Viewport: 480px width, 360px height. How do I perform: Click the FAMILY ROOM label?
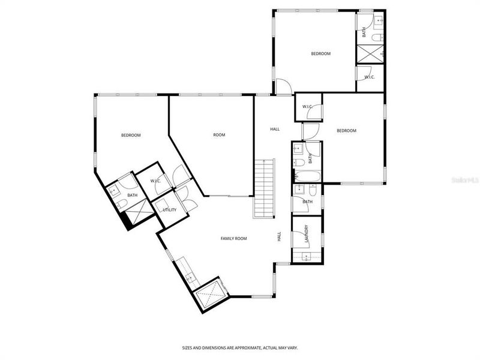[233, 238]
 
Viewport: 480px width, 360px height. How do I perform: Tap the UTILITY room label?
[169, 210]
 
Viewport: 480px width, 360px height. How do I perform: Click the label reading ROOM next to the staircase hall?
[219, 135]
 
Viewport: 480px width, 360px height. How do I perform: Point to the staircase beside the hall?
[264, 189]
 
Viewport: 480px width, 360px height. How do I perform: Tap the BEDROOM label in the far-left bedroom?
[131, 135]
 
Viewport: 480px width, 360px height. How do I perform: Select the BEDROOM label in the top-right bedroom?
[320, 54]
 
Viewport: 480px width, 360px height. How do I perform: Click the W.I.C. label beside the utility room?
[155, 181]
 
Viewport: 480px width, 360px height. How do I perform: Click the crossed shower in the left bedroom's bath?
[136, 212]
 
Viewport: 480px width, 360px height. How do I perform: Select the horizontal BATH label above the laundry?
[307, 202]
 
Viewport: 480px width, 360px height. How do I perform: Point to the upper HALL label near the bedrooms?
[275, 129]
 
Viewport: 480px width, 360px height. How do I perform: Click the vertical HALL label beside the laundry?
[279, 237]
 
